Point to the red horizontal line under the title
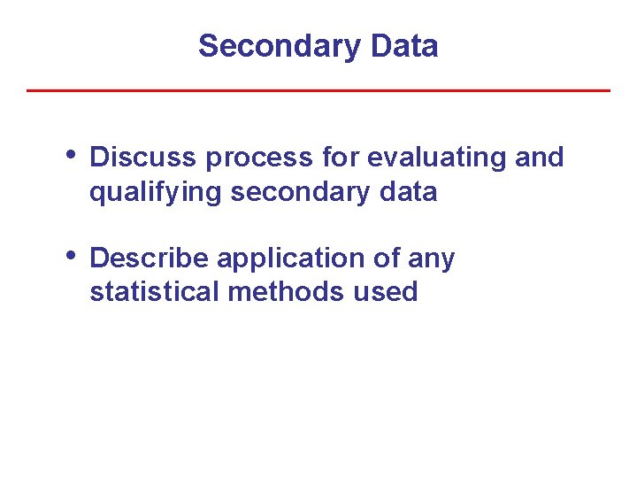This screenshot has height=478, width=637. tap(318, 90)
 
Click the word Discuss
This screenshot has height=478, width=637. tap(144, 158)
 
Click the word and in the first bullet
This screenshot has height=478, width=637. tap(538, 158)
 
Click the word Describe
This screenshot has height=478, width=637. tap(150, 258)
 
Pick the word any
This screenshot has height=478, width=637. tap(432, 258)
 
